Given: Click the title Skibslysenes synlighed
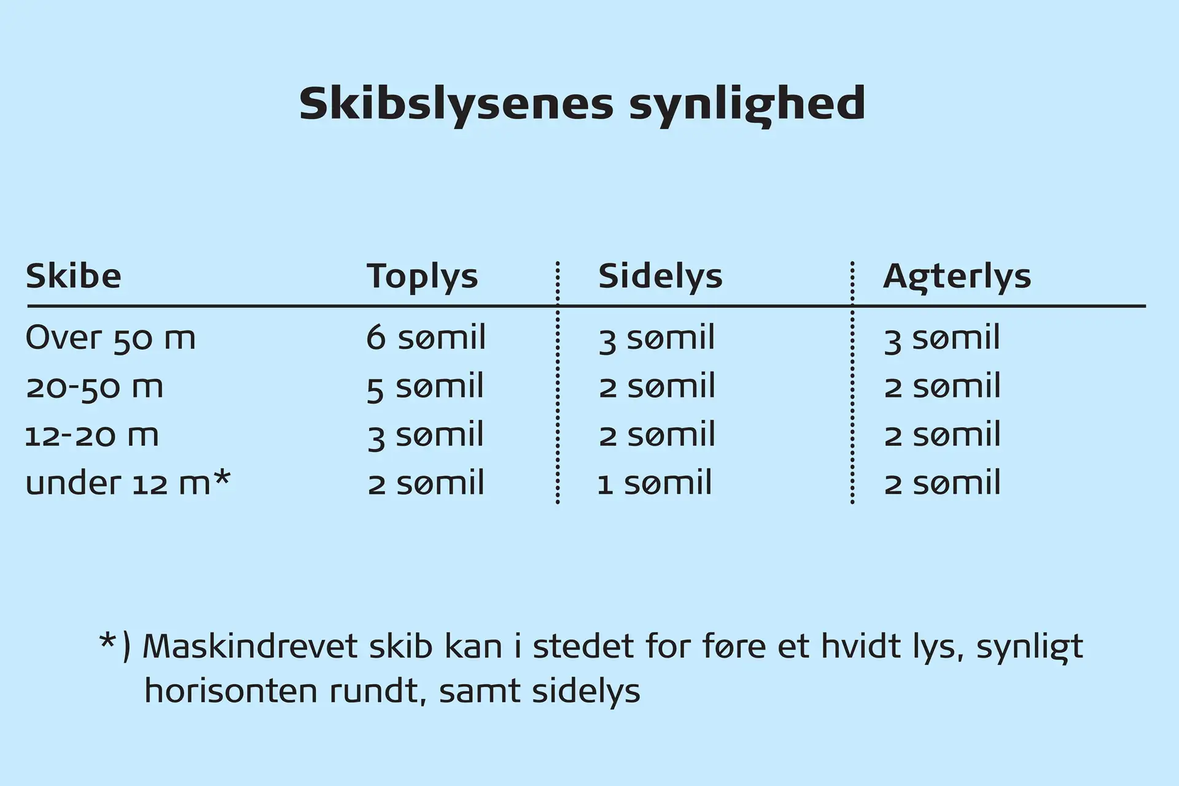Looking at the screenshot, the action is tap(582, 105).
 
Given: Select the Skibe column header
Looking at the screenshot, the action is tap(74, 276).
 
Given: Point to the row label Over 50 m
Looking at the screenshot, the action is tap(111, 338).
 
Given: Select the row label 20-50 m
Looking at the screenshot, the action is tap(95, 387).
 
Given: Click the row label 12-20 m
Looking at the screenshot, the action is tap(92, 435).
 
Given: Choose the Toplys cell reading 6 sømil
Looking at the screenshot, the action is tap(426, 337).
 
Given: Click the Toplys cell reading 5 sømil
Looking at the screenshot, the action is tap(425, 387).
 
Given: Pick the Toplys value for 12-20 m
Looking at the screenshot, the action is tap(425, 435).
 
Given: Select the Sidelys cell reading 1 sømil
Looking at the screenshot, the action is tap(655, 483).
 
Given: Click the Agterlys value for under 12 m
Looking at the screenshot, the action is tap(943, 483).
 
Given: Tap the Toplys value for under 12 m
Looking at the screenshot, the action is tap(426, 483).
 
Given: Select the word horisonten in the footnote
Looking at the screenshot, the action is tap(232, 691).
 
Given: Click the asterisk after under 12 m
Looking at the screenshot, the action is tap(222, 478).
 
